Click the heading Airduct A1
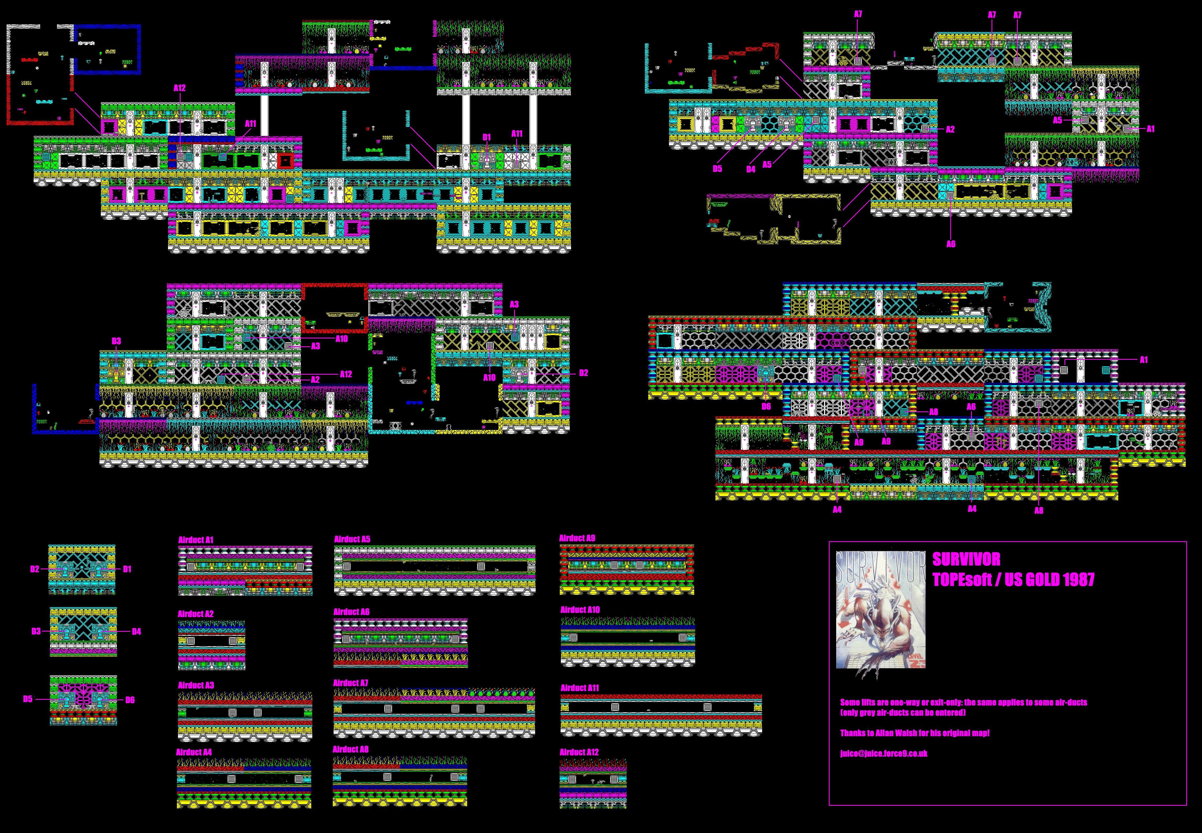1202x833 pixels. pyautogui.click(x=196, y=540)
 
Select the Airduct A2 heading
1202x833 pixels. pyautogui.click(x=196, y=614)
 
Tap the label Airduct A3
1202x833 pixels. pyautogui.click(x=196, y=685)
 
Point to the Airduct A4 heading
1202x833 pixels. pyautogui.click(x=194, y=752)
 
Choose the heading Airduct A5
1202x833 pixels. pyautogui.click(x=352, y=539)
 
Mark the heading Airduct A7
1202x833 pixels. pyautogui.click(x=351, y=683)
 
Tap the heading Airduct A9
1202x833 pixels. pyautogui.click(x=577, y=538)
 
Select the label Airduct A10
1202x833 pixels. pyautogui.click(x=580, y=610)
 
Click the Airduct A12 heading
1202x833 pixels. pyautogui.click(x=579, y=752)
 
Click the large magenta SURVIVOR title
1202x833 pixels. pyautogui.click(x=967, y=560)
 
